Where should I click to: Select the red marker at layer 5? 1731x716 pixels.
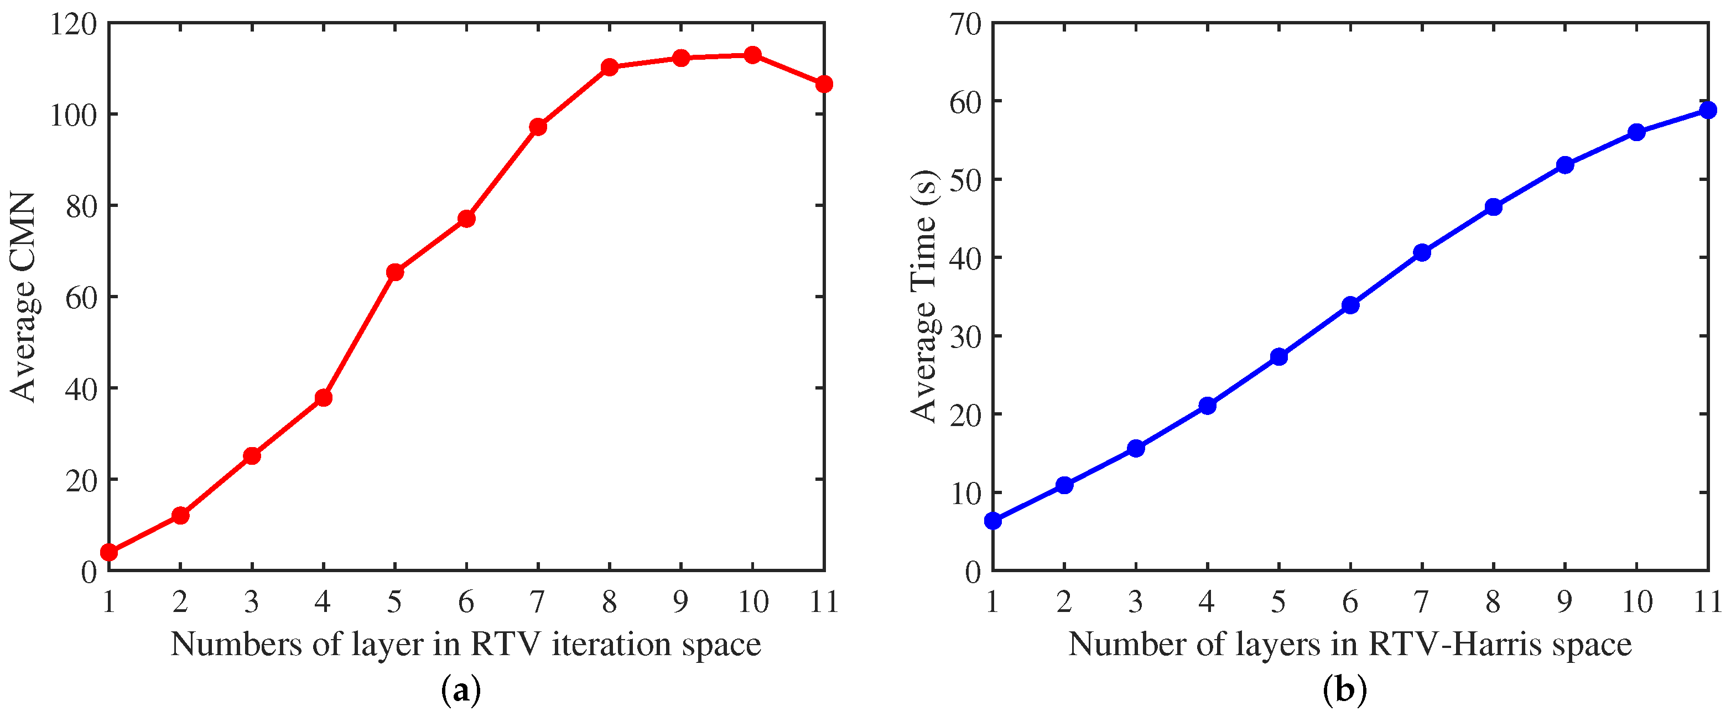point(395,272)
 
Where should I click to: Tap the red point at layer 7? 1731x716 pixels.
point(538,126)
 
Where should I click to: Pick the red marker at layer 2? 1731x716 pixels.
point(180,516)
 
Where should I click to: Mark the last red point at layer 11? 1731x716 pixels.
point(824,84)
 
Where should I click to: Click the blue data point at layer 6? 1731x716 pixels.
point(1350,305)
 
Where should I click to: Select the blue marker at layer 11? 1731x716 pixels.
point(1707,110)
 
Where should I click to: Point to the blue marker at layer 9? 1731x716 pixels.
point(1565,165)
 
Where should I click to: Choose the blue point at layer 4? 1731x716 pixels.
point(1208,406)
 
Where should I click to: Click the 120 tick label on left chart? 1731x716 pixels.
point(73,25)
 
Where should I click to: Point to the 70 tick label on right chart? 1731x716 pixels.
point(965,25)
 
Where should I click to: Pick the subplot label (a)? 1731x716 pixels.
point(461,691)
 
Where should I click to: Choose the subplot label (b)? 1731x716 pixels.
point(1345,691)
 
